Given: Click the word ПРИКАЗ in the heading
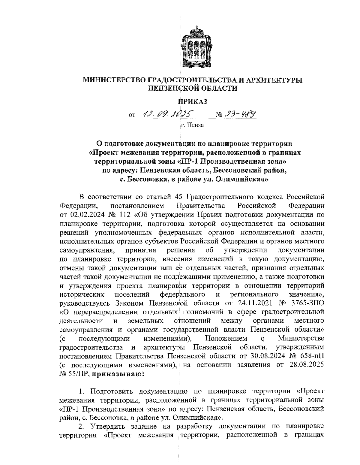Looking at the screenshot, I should [x=193, y=102].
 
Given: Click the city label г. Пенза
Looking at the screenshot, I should [x=192, y=125].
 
